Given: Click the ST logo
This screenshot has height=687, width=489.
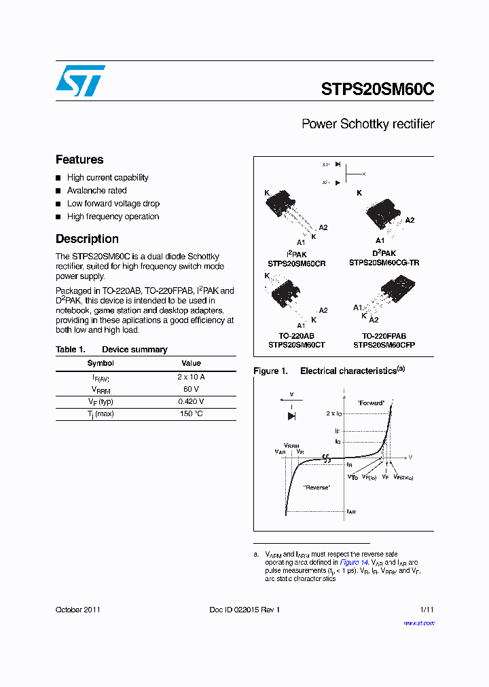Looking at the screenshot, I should point(80,81).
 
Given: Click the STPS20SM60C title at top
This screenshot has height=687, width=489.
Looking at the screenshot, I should point(377,90).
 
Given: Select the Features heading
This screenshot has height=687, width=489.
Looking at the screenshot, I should point(79,160).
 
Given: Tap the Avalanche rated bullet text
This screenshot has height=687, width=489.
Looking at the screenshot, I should point(96,191).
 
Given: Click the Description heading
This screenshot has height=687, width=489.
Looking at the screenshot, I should point(87,239).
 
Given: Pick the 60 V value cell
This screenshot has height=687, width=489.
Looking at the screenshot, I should point(192,389).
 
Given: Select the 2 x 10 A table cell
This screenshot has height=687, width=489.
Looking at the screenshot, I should point(192,376).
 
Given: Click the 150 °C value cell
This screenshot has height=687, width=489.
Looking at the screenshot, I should point(192,414).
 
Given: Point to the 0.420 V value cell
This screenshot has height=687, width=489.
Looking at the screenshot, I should point(192,401).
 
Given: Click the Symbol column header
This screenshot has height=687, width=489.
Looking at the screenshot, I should point(101,363).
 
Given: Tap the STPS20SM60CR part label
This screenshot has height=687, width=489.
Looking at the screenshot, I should point(297,263).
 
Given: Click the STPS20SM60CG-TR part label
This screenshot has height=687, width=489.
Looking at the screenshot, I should point(384,263).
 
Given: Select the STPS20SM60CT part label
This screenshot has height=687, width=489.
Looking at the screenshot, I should point(296,344).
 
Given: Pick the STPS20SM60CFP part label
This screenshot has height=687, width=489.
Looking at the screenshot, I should point(384,344).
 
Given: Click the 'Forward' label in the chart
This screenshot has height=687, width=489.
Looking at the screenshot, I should point(371,403).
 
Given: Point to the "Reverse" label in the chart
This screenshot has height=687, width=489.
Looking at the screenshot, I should point(317,487).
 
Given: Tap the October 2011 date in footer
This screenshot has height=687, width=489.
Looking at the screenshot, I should point(78,610).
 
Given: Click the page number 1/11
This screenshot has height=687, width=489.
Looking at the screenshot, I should point(427,610).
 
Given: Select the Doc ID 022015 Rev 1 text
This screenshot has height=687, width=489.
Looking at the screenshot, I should point(244,610).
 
